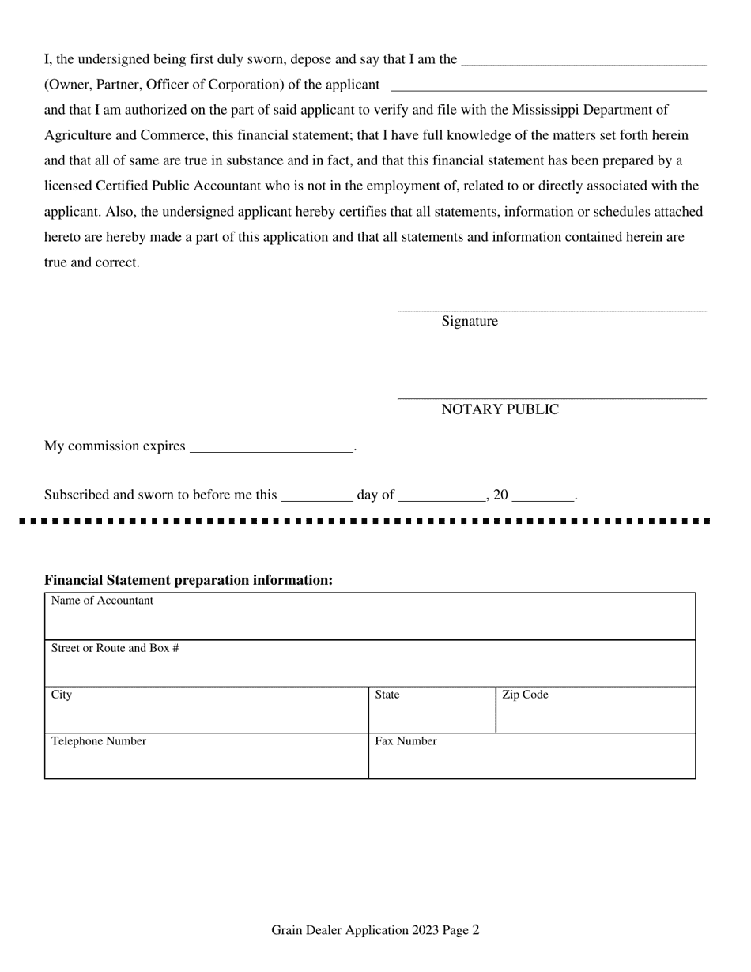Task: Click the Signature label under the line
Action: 470,322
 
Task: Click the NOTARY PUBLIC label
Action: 500,409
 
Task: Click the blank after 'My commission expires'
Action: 271,446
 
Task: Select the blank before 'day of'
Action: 316,495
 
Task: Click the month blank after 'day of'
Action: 442,495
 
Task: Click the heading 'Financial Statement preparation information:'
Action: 188,580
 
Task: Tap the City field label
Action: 62,695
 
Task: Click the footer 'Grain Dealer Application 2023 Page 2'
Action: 375,931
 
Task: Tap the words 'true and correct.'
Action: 92,262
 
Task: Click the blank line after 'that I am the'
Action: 583,60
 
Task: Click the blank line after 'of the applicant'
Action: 549,85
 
